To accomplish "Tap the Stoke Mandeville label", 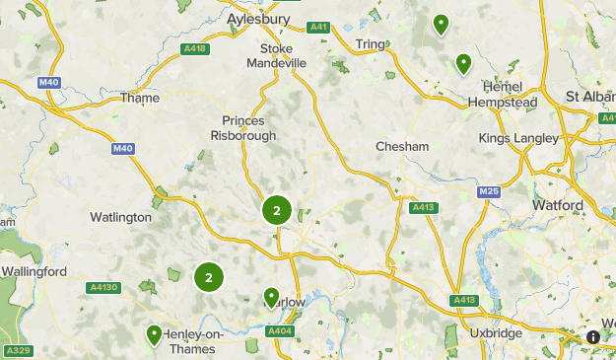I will [284, 55].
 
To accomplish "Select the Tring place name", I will [371, 44].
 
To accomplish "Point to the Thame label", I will [139, 98].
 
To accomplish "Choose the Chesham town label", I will [402, 146].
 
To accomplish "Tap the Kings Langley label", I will [518, 138].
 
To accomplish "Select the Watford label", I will [558, 205].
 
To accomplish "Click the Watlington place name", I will [121, 217].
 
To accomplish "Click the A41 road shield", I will [317, 28].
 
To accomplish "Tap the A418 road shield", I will [195, 48].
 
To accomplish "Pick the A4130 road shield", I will [103, 288].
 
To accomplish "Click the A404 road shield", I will [280, 331].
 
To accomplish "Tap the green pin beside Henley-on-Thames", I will [155, 335].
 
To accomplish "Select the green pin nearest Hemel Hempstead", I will [463, 64].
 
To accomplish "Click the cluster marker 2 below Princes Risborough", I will [277, 210].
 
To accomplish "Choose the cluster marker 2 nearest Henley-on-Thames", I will [208, 277].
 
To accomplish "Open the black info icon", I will [593, 336].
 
